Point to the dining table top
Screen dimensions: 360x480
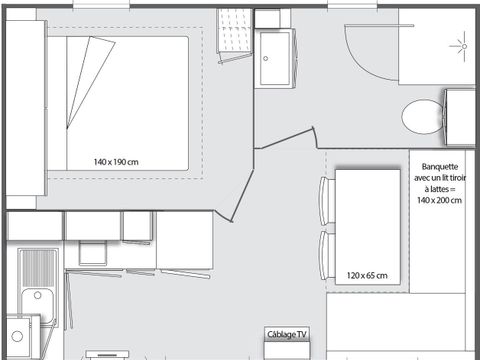click(x=367, y=225)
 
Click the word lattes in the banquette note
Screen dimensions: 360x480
click(x=442, y=189)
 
